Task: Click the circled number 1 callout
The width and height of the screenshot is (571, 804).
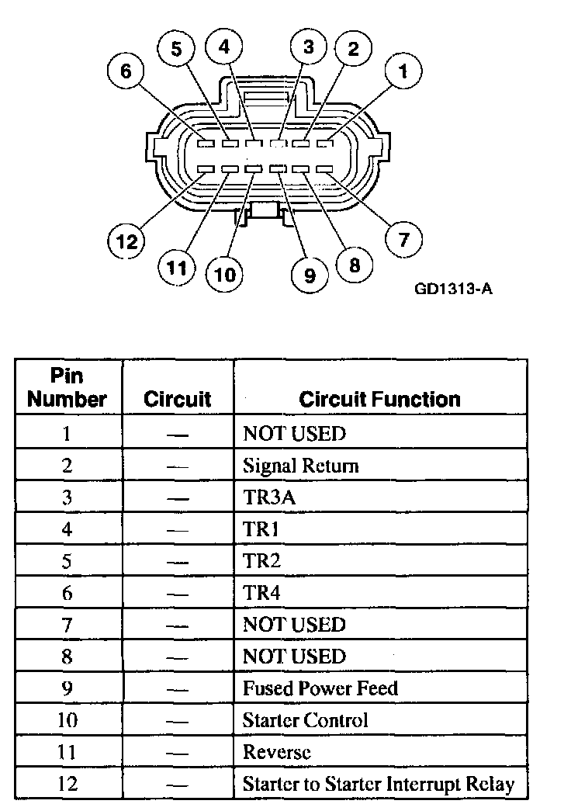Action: pyautogui.click(x=402, y=71)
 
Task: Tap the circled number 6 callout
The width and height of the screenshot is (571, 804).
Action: pyautogui.click(x=126, y=71)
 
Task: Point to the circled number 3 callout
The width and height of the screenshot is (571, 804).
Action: pyautogui.click(x=309, y=47)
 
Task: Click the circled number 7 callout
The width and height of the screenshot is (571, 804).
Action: pyautogui.click(x=403, y=239)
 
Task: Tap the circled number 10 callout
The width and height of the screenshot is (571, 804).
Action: pyautogui.click(x=224, y=275)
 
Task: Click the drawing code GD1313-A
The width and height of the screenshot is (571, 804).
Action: pyautogui.click(x=454, y=289)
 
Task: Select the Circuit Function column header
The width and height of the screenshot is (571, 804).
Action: pyautogui.click(x=379, y=399)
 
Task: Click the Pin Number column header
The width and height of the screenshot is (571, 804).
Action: pyautogui.click(x=67, y=388)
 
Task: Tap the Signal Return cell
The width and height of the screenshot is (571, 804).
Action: pyautogui.click(x=300, y=466)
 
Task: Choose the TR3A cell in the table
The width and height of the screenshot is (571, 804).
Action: pyautogui.click(x=269, y=497)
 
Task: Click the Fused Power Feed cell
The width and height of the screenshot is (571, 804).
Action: pyautogui.click(x=320, y=688)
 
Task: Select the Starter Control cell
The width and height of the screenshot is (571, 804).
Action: pyautogui.click(x=305, y=720)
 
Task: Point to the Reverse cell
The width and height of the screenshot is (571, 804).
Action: pyautogui.click(x=277, y=752)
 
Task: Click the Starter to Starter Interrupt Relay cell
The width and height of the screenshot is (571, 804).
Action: pyautogui.click(x=379, y=783)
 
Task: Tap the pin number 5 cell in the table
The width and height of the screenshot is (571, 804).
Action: pyautogui.click(x=67, y=561)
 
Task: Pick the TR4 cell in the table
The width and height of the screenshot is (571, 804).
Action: pyautogui.click(x=261, y=593)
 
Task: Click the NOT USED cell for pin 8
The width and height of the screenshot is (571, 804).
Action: pyautogui.click(x=294, y=657)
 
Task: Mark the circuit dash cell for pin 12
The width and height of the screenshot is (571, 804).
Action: pyautogui.click(x=178, y=783)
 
